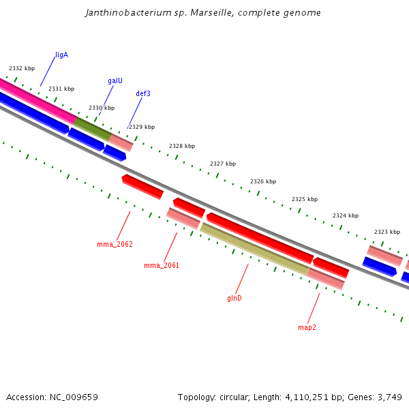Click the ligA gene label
[x=61, y=55]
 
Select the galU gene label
[x=115, y=80]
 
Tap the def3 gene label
[x=143, y=93]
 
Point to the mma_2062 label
[x=115, y=244]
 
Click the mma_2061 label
[x=162, y=265]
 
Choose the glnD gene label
[x=234, y=298]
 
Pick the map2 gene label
[x=307, y=327]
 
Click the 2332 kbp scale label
[x=22, y=68]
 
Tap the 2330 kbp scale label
[x=102, y=108]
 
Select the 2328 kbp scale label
[x=182, y=146]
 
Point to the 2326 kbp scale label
[x=263, y=181]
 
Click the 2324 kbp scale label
[x=346, y=215]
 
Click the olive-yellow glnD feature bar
[x=254, y=249]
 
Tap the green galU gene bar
[x=92, y=129]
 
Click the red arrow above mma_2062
[x=142, y=186]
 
